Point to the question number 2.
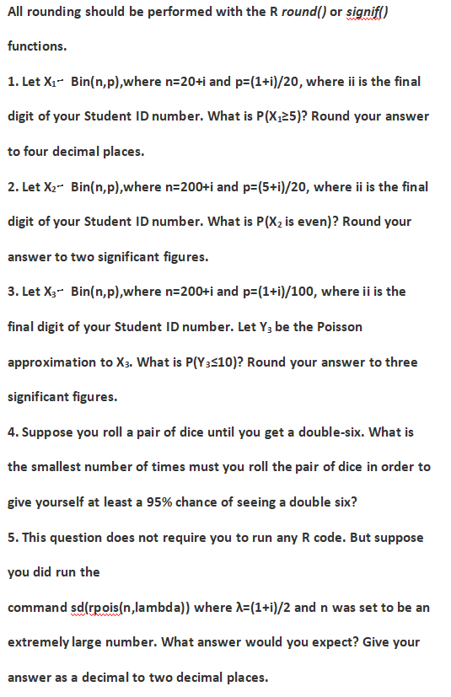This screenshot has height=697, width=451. pos(11,186)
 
